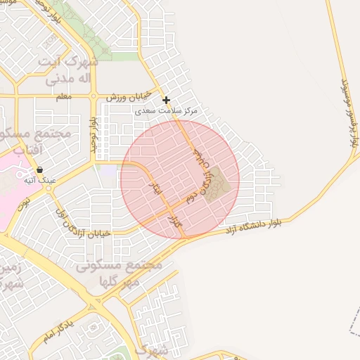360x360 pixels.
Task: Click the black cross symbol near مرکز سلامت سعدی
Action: click(x=166, y=100)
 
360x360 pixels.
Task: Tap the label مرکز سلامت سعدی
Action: click(x=167, y=111)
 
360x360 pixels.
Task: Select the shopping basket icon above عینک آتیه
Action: click(x=39, y=169)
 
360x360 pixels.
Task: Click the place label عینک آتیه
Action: click(x=39, y=181)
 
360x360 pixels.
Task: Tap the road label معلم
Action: click(x=63, y=97)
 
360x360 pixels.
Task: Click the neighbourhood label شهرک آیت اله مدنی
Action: click(x=70, y=70)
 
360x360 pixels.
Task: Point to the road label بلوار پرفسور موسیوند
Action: click(x=349, y=112)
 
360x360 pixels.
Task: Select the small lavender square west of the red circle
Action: click(x=108, y=170)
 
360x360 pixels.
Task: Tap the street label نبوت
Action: click(x=23, y=204)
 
